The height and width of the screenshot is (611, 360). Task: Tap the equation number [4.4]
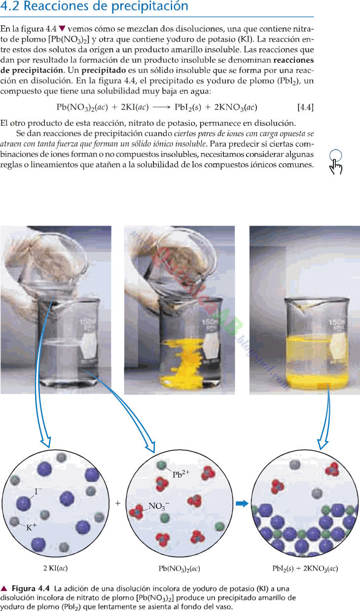(x=305, y=108)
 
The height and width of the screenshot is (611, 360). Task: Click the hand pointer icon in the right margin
(x=336, y=162)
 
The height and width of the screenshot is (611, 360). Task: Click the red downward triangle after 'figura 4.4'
(x=62, y=29)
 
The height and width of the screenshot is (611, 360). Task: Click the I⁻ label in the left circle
(x=38, y=492)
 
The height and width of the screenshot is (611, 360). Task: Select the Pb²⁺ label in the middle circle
(x=180, y=474)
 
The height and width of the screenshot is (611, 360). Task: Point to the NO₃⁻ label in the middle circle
(x=159, y=506)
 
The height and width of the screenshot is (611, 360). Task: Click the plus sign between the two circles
(x=118, y=503)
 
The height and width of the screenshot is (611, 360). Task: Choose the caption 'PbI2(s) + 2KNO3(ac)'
(x=305, y=569)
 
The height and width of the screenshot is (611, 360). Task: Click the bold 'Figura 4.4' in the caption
(x=31, y=589)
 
